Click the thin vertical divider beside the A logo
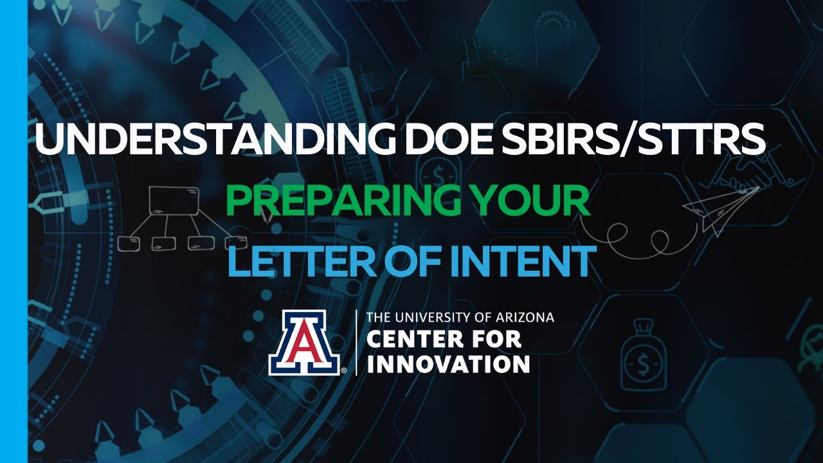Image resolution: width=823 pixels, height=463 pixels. pyautogui.click(x=357, y=342)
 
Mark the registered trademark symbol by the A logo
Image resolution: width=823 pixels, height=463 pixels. pyautogui.click(x=345, y=371)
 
